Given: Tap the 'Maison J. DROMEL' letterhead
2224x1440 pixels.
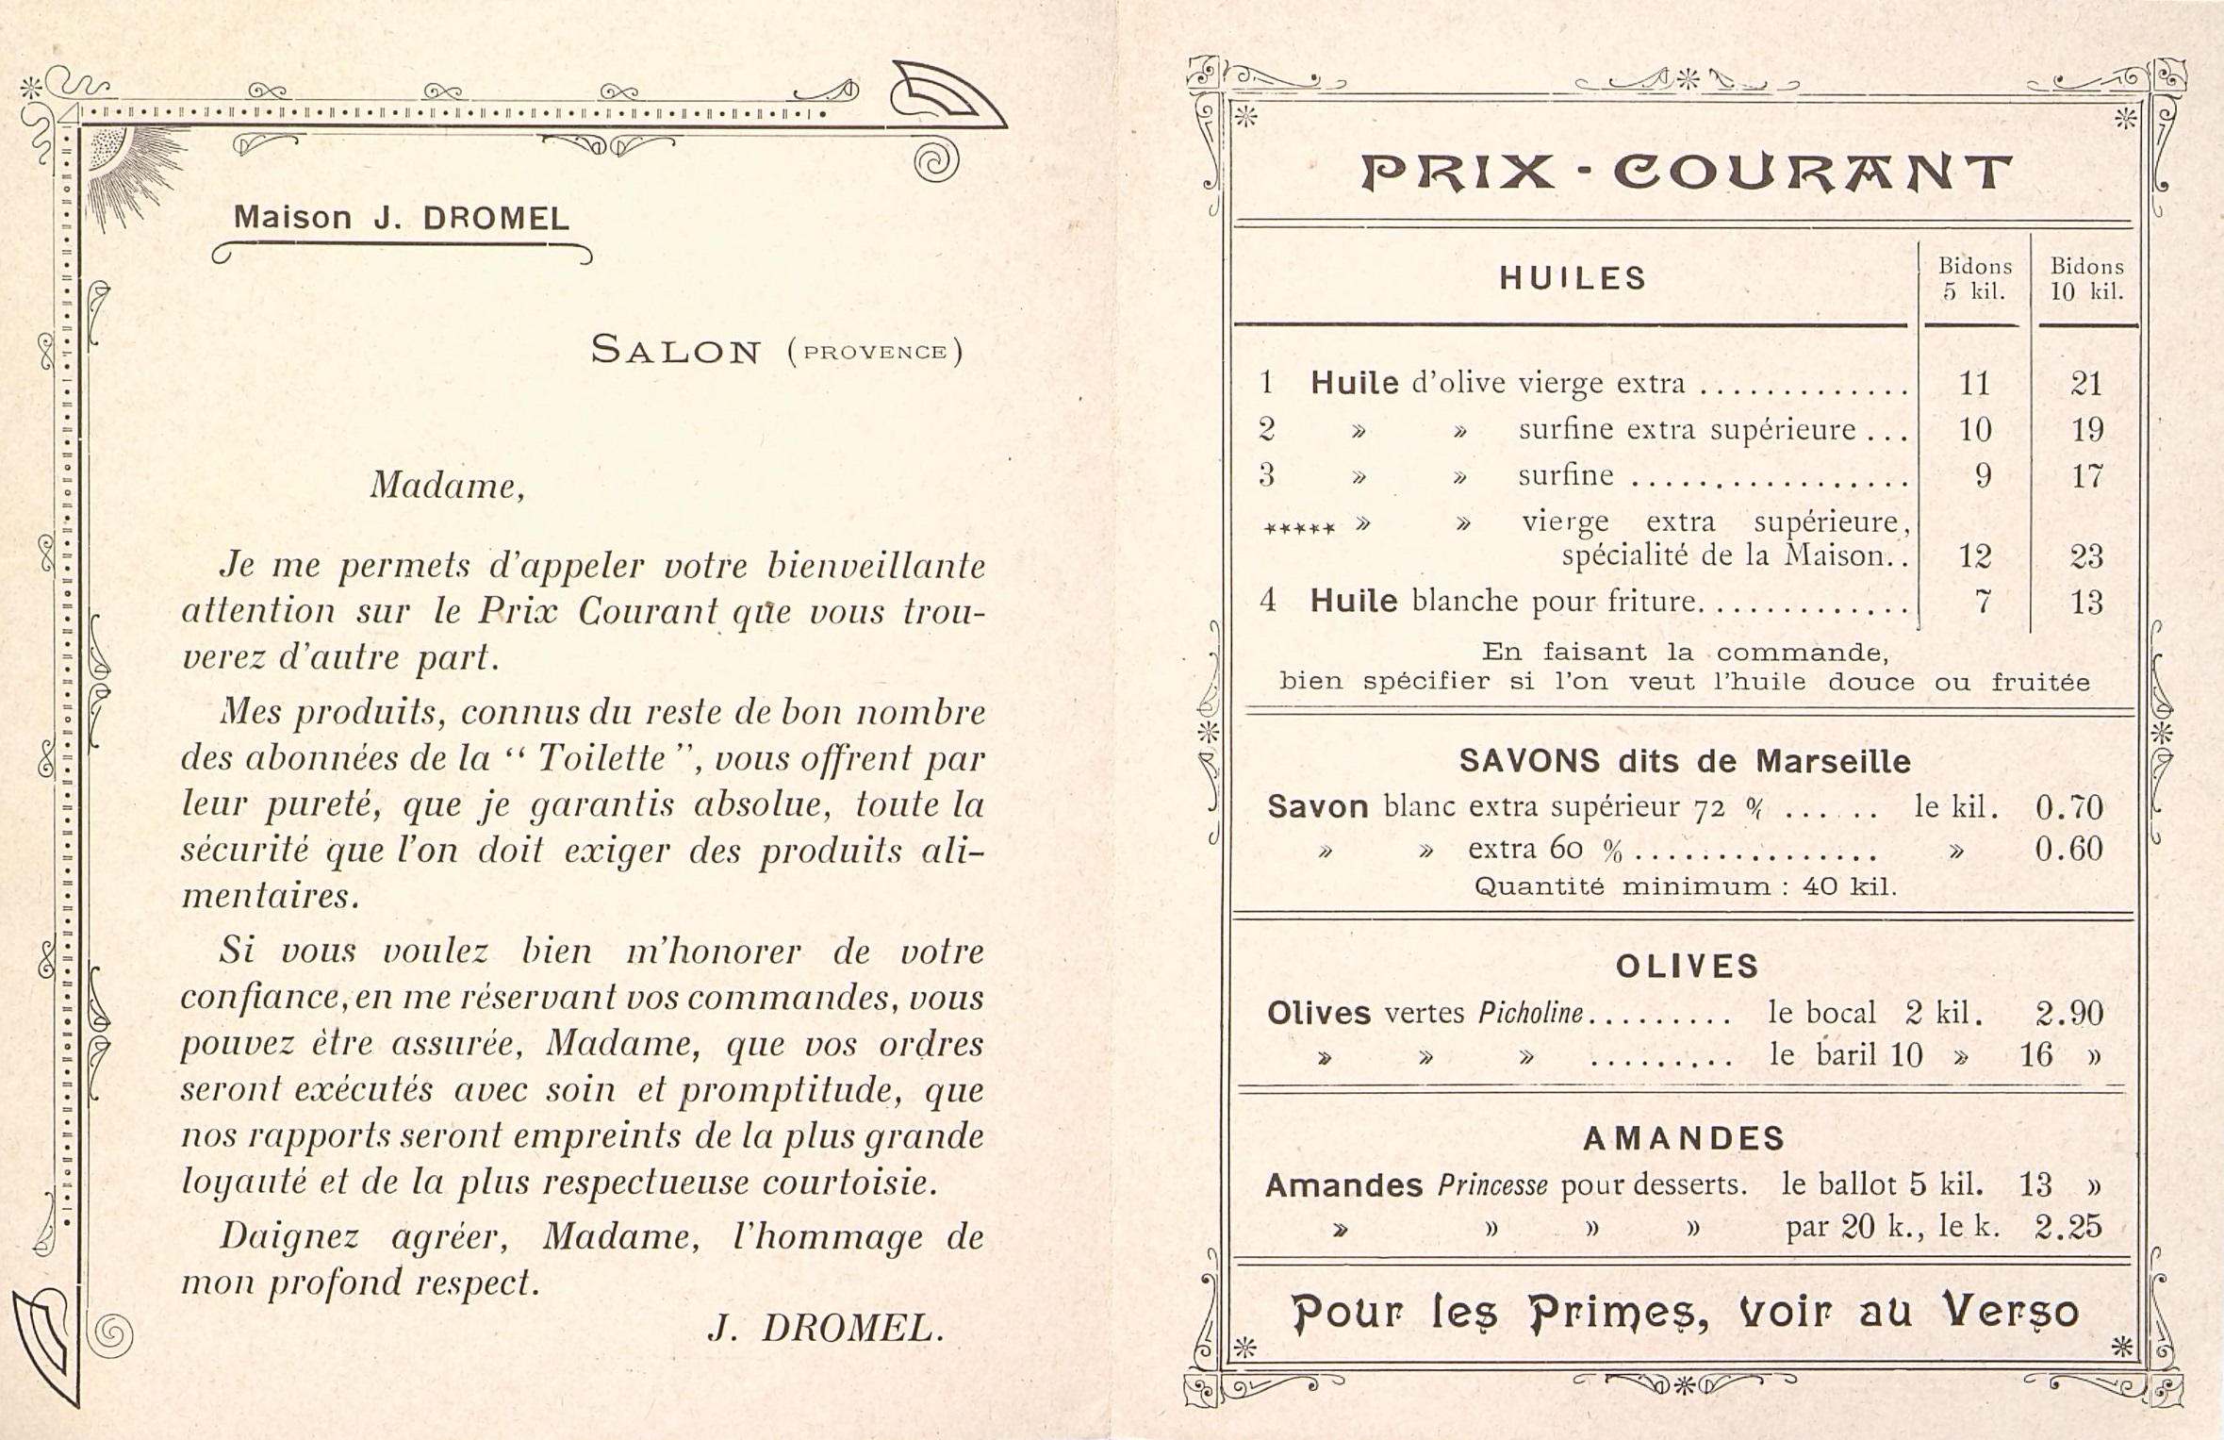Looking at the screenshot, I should click(x=402, y=218).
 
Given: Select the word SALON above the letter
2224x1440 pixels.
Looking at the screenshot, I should click(x=675, y=351).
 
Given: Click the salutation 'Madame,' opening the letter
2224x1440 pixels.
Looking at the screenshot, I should click(x=447, y=486).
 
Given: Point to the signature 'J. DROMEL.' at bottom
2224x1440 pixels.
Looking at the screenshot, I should click(x=825, y=1329).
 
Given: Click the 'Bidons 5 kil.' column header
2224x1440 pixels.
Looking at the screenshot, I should click(x=1974, y=279).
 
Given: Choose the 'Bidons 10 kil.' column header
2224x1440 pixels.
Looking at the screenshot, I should click(x=2086, y=279).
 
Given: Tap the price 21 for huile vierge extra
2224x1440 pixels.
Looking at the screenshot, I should click(x=2086, y=384).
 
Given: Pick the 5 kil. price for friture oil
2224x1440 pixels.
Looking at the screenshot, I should click(x=1983, y=602).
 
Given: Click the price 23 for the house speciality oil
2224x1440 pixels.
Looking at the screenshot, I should click(x=2086, y=556).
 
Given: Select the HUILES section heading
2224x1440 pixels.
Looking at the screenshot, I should click(x=1573, y=278).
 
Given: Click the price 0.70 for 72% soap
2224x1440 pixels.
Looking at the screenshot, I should click(x=2068, y=807).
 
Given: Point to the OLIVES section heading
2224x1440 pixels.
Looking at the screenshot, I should click(x=1687, y=966).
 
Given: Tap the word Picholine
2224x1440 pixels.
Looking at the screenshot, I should click(x=1530, y=1014).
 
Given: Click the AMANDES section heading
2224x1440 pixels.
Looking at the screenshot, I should click(x=1684, y=1139).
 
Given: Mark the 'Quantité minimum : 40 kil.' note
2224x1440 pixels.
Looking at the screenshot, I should click(x=1685, y=887).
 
